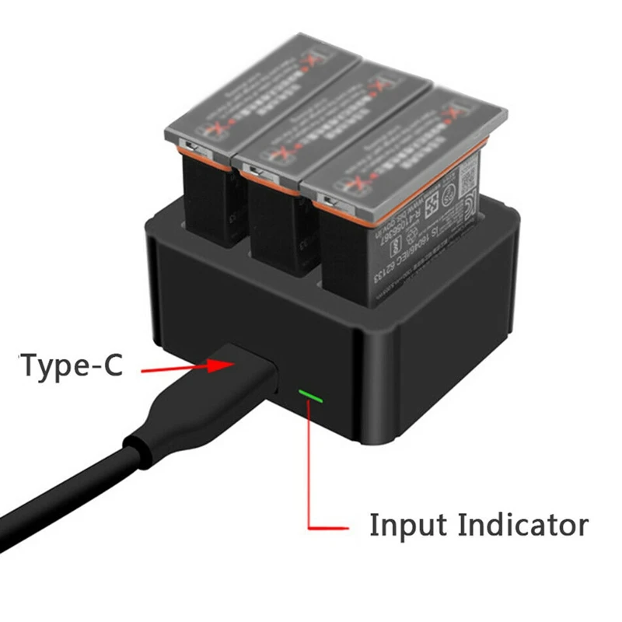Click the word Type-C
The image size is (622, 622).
coord(72,365)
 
